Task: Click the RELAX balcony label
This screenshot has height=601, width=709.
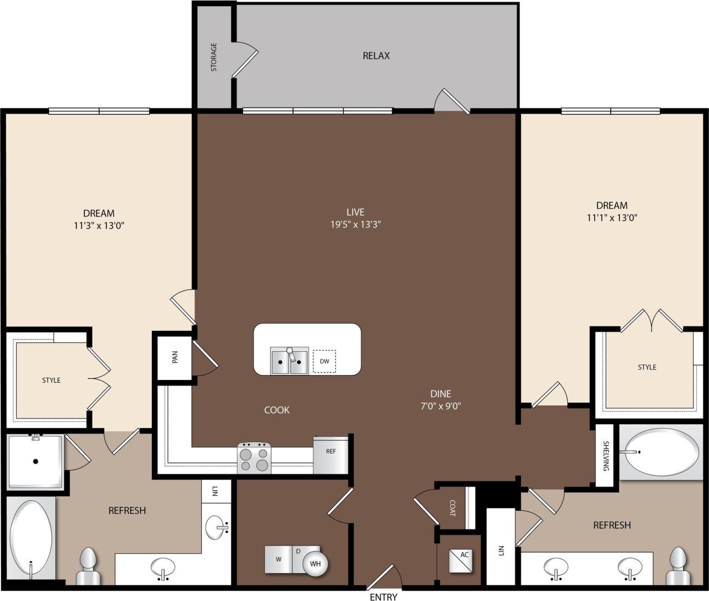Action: point(376,55)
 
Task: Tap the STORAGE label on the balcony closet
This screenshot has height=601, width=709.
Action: point(214,57)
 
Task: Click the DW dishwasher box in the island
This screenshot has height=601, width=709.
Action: point(324,361)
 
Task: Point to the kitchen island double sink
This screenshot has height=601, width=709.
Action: point(289,361)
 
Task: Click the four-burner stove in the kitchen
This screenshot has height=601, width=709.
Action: point(254,458)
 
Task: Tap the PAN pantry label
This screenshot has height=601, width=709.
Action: point(175,357)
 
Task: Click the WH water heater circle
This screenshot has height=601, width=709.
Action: point(315,563)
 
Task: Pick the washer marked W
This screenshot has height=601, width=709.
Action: point(279,559)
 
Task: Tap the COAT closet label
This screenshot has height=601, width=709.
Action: point(453,508)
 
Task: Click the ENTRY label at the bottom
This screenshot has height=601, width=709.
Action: point(383,597)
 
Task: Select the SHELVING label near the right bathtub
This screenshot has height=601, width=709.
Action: point(606,456)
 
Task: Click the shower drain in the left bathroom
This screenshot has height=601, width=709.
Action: point(35,461)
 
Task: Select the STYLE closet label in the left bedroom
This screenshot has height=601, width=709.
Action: point(51,380)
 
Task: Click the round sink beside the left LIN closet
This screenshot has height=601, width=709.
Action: point(217,528)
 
